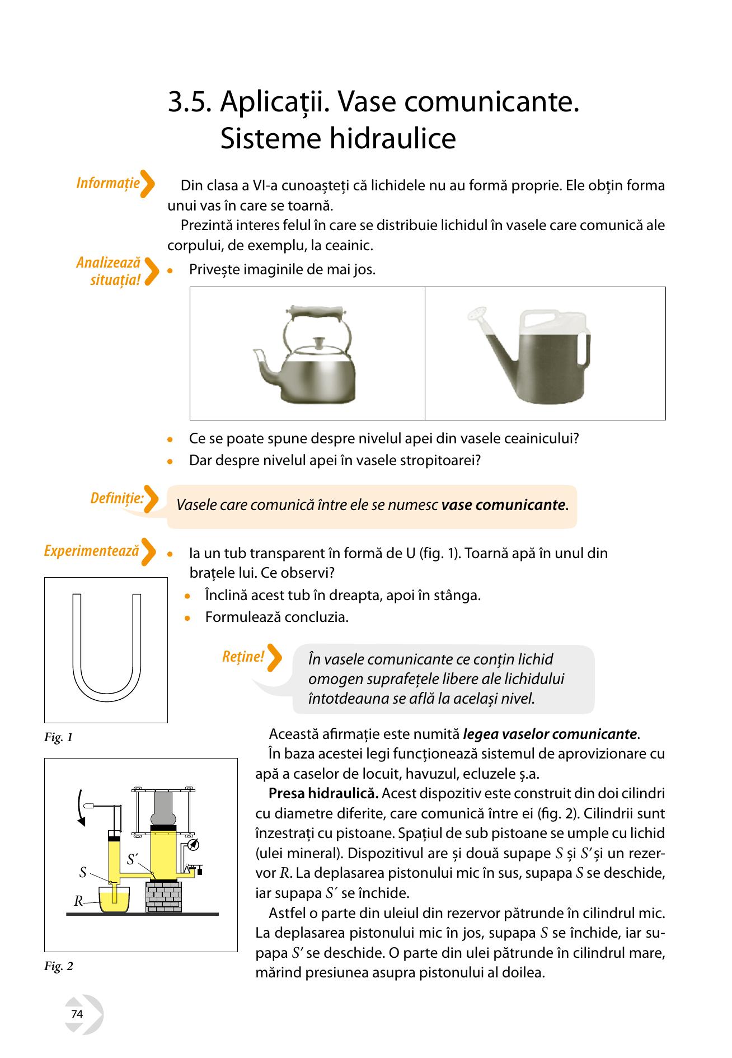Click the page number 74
tap(77, 1014)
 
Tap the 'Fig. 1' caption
tap(59, 737)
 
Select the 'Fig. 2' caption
tap(59, 966)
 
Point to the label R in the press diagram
tap(78, 901)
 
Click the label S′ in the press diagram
tap(132, 859)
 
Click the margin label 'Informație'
tap(108, 183)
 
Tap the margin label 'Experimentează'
tap(91, 551)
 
